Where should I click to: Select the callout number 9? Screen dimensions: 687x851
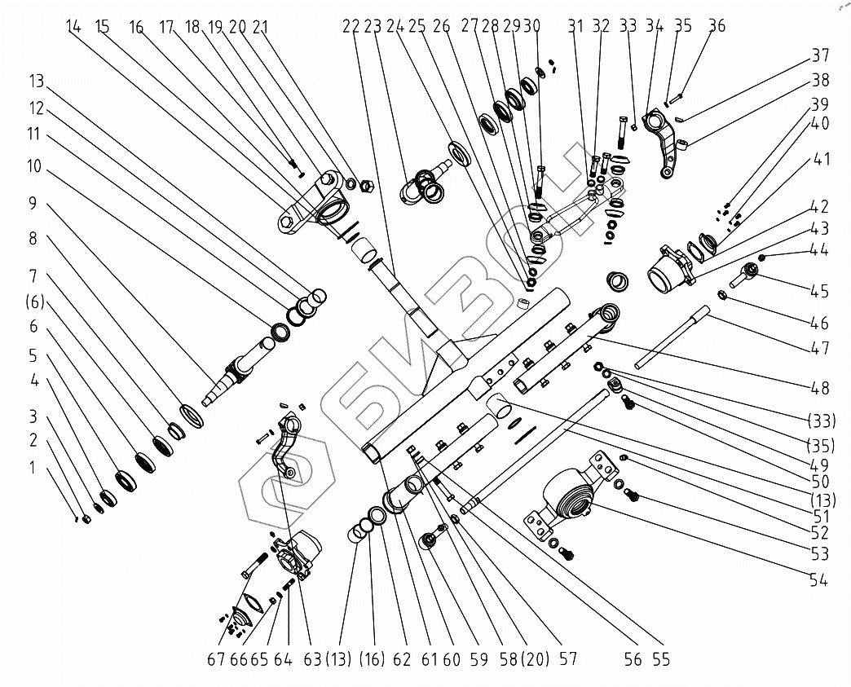[33, 204]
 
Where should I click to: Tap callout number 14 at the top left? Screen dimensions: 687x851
[74, 27]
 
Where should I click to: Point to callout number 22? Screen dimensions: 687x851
[351, 27]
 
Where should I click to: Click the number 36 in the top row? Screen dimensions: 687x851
[717, 27]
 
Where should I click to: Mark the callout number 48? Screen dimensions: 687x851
[819, 388]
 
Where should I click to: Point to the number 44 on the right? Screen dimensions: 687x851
[819, 250]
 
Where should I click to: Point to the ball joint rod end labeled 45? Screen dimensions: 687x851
[743, 278]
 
